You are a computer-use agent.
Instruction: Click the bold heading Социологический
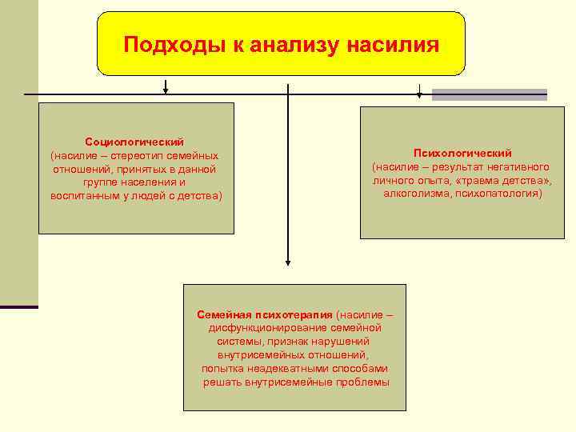click(134, 142)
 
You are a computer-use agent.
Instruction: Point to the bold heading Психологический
click(462, 153)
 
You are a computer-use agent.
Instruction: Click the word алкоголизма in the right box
click(417, 194)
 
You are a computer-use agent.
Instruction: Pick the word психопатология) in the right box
click(498, 194)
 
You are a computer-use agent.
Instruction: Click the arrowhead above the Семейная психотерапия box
click(288, 259)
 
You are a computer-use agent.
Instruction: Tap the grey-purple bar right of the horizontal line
click(490, 94)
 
